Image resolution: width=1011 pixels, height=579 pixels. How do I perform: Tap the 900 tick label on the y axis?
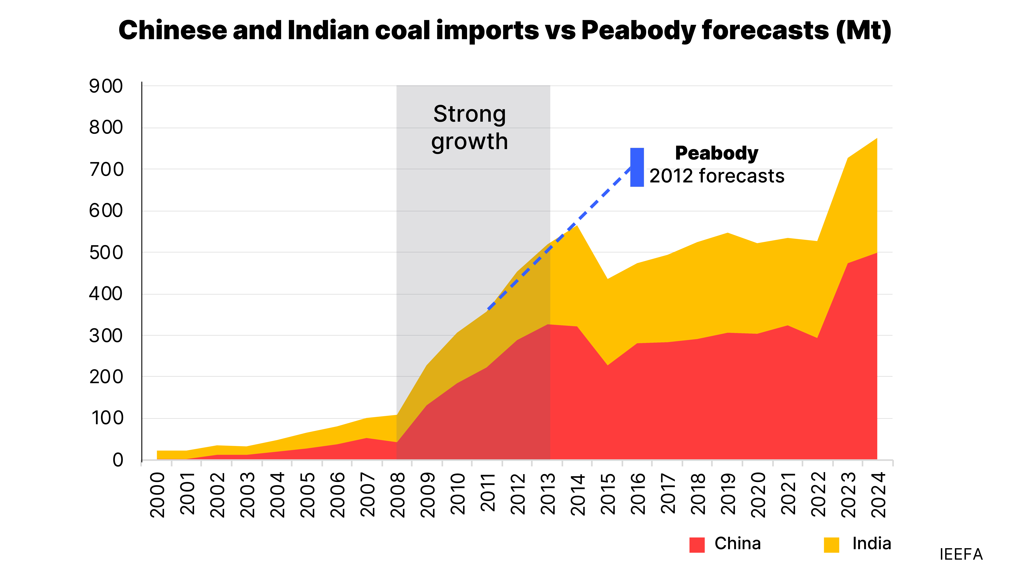[106, 86]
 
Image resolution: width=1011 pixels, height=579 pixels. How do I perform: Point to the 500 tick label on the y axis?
[106, 253]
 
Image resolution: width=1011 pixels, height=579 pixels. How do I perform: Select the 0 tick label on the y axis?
[118, 460]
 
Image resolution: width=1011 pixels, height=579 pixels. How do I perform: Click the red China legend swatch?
[697, 545]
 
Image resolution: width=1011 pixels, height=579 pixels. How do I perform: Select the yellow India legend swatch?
[831, 545]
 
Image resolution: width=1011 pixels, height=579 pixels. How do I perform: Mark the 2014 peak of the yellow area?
[577, 226]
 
